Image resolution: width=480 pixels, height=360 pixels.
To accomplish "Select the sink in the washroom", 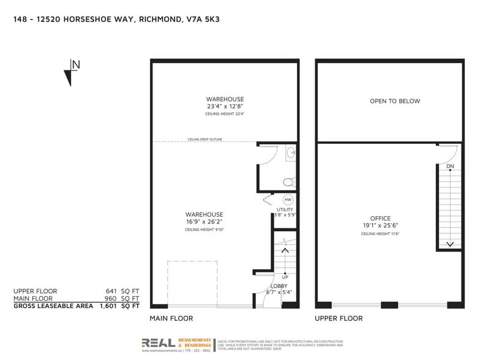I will [290, 152].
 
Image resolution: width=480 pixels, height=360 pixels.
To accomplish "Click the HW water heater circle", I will [288, 200].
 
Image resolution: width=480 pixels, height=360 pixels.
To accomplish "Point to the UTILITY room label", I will [285, 209].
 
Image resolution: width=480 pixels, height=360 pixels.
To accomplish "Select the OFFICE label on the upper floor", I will [380, 219].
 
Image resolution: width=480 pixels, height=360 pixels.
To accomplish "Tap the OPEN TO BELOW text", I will [395, 101].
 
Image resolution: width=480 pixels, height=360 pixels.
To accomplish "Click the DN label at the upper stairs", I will [450, 167].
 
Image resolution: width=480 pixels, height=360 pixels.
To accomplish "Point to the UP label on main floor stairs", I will [285, 277].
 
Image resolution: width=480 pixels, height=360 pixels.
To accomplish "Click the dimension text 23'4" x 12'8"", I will [225, 107].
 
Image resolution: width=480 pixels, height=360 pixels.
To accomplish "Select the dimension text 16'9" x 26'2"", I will [204, 222].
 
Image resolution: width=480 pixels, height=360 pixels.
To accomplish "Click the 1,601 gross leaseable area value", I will [108, 305].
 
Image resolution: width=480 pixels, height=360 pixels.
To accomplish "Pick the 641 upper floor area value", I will [111, 291].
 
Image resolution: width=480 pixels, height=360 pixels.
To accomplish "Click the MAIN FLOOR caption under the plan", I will [171, 318].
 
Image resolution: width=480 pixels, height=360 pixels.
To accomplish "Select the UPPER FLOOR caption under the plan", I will [338, 318].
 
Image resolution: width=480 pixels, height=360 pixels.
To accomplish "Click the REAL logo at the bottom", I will [158, 343].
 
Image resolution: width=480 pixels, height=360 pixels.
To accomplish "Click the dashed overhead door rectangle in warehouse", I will [192, 283].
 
